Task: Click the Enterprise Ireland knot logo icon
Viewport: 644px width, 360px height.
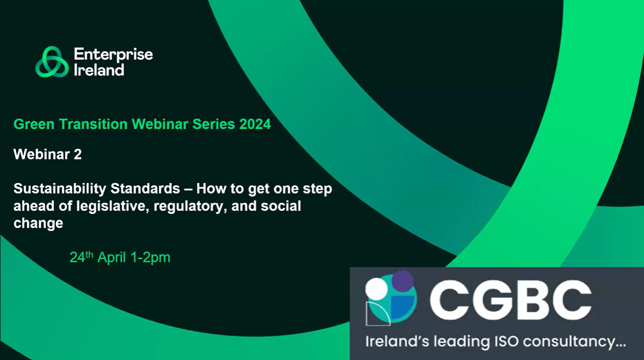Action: pos(52,62)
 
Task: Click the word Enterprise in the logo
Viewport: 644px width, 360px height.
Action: pos(113,54)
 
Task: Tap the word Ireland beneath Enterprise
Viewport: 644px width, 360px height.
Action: pos(99,70)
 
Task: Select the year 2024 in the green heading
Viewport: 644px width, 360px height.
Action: pos(254,124)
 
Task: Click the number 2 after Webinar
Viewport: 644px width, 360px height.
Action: pos(78,155)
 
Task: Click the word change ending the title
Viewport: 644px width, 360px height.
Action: pos(38,223)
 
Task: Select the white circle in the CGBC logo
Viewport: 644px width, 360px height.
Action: pos(376,288)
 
